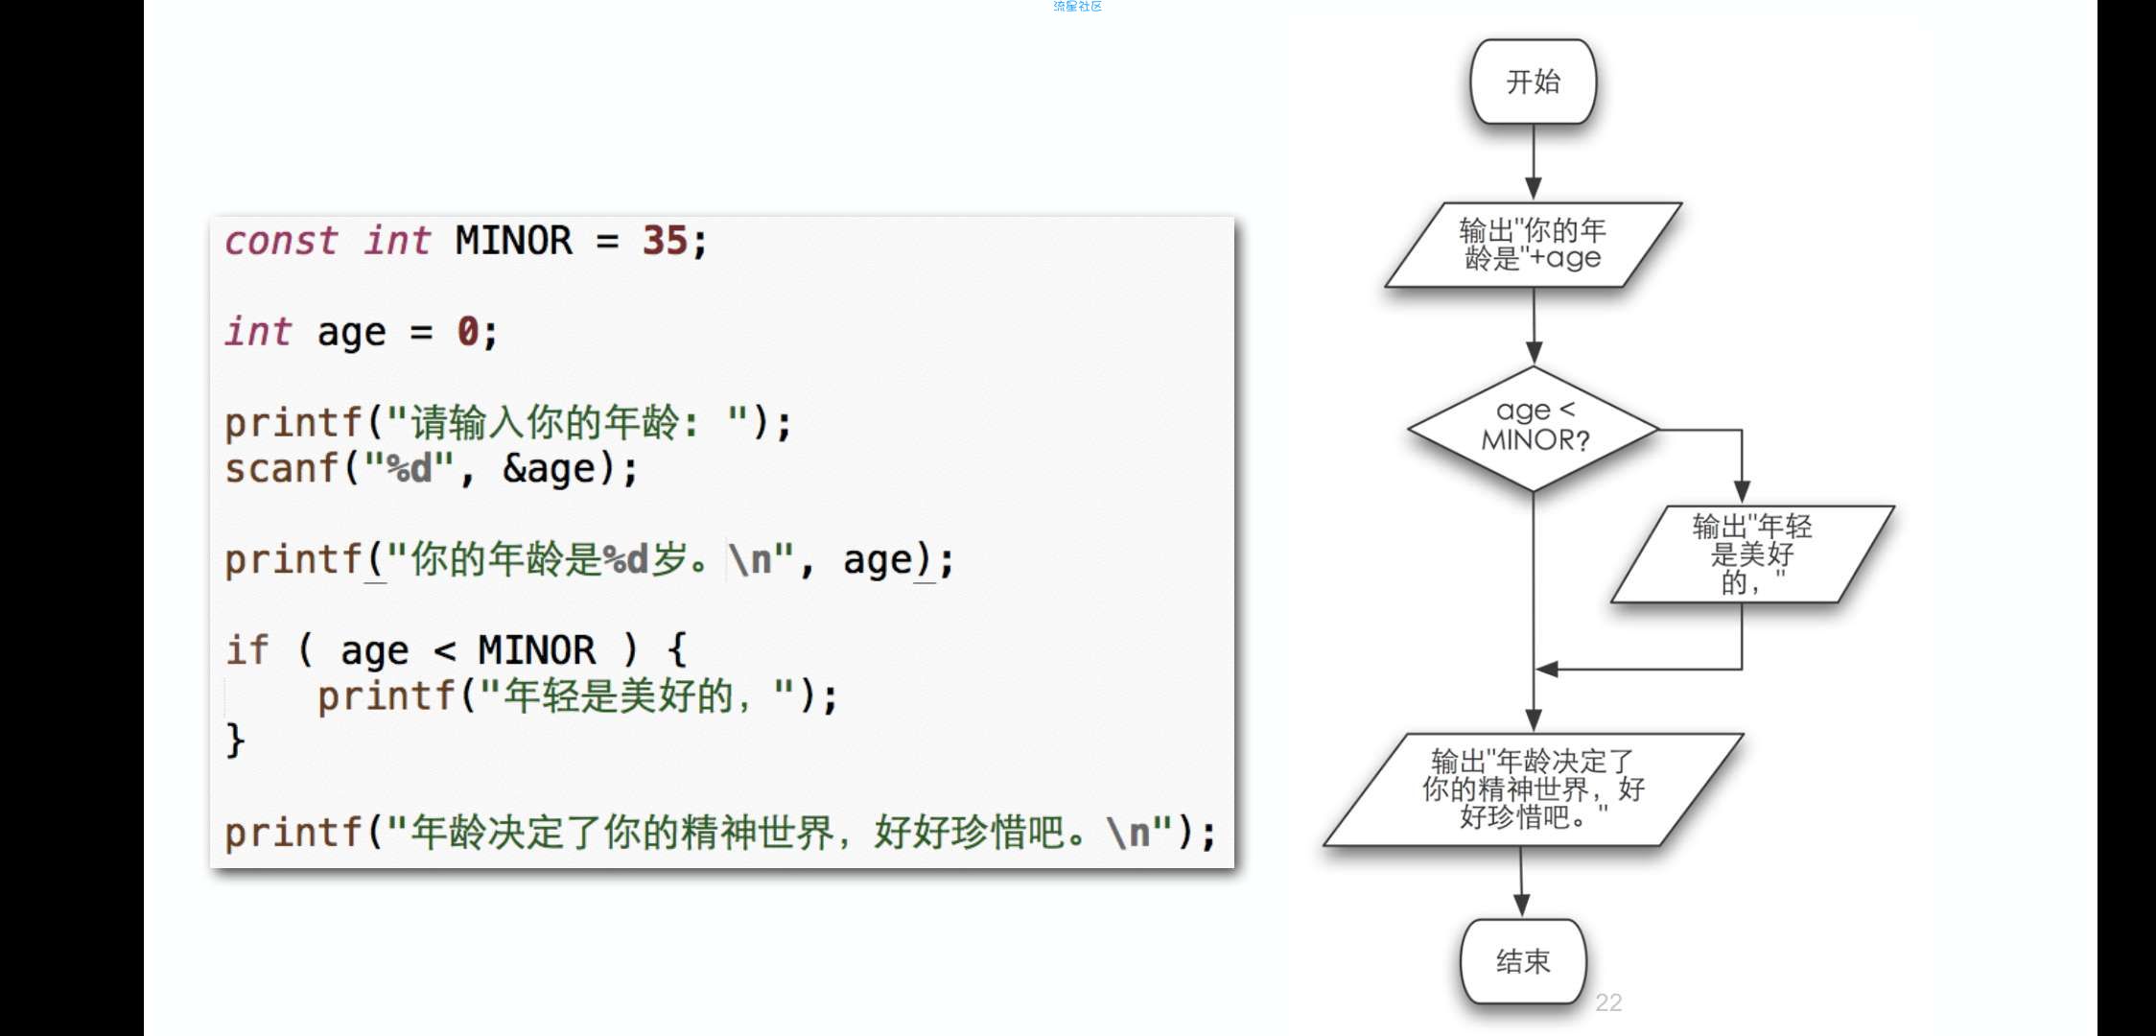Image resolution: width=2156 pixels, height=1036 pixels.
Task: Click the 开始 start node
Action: [1533, 82]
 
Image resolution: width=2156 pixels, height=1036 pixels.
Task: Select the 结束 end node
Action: [1523, 961]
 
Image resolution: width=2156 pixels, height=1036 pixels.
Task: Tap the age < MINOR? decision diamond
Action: [1534, 429]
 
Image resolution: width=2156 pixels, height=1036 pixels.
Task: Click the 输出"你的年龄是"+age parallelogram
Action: [1533, 245]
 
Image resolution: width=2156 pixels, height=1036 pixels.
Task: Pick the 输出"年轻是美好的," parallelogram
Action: [1752, 553]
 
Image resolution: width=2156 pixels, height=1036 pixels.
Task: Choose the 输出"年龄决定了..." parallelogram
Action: [1533, 789]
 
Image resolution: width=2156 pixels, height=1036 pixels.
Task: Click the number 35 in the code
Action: [666, 240]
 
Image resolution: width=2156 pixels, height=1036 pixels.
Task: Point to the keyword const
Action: [281, 240]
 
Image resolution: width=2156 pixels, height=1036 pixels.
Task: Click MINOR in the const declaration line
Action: [513, 240]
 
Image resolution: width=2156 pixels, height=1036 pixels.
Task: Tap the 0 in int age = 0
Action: [467, 331]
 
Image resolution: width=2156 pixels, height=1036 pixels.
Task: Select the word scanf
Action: [282, 468]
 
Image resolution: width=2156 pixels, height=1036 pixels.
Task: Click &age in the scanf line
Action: [550, 469]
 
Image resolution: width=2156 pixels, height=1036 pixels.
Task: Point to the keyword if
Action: [247, 649]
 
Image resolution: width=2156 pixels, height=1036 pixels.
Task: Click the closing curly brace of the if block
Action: [235, 741]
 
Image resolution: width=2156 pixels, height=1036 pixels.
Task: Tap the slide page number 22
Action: [1608, 1002]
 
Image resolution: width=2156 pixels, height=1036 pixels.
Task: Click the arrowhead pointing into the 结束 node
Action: [1522, 905]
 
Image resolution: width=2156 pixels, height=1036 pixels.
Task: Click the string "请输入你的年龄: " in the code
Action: [567, 422]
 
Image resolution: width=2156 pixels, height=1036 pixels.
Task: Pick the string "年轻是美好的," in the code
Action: [636, 695]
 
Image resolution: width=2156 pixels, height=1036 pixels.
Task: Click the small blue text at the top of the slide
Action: [1077, 7]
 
